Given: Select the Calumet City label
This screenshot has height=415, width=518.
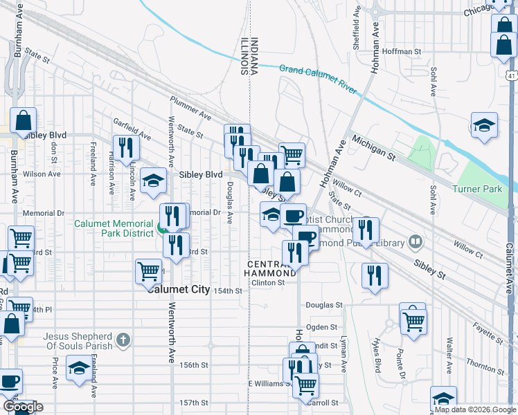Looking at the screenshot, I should [178, 290].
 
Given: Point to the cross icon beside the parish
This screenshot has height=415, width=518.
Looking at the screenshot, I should [123, 340].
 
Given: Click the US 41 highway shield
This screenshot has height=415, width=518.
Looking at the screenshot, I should [510, 74].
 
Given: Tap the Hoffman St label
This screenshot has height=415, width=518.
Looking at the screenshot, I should [402, 52].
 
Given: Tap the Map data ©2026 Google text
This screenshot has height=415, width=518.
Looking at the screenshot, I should [474, 409].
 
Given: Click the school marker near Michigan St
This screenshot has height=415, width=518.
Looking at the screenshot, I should [484, 126].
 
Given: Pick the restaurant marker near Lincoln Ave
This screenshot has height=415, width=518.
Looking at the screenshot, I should [125, 147].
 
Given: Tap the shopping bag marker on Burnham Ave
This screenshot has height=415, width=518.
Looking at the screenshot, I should [23, 120].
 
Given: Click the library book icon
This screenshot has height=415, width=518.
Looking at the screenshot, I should [416, 242].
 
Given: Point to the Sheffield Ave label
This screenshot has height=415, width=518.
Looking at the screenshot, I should [357, 22].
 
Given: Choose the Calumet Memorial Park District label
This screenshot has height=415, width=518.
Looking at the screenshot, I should [114, 228].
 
